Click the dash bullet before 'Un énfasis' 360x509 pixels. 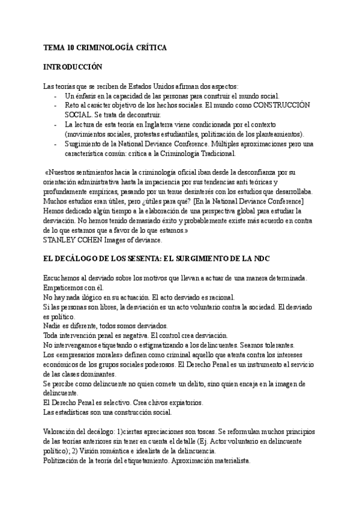pos(55,96)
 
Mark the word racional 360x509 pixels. pos(222,297)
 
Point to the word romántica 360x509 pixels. pos(113,452)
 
